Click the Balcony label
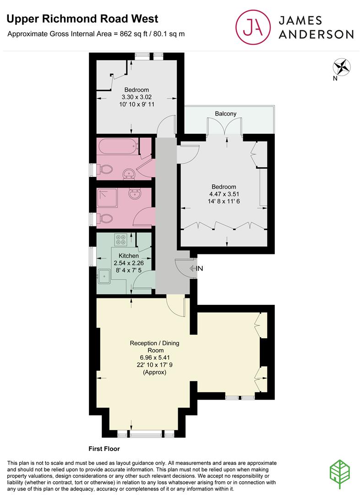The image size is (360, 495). pyautogui.click(x=225, y=114)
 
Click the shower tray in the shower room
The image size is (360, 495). pyautogui.click(x=108, y=198)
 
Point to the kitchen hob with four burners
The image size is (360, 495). pyautogui.click(x=121, y=240)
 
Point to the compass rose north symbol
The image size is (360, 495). pyautogui.click(x=342, y=67)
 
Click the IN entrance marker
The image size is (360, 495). pyautogui.click(x=199, y=269)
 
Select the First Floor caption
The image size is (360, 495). pyautogui.click(x=104, y=449)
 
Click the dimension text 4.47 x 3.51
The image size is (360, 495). pyautogui.click(x=224, y=194)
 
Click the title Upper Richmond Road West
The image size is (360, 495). pyautogui.click(x=82, y=19)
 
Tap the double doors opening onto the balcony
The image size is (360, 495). pyautogui.click(x=224, y=127)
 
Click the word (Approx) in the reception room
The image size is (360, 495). pyautogui.click(x=154, y=373)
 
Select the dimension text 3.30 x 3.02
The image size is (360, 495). pyautogui.click(x=136, y=97)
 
